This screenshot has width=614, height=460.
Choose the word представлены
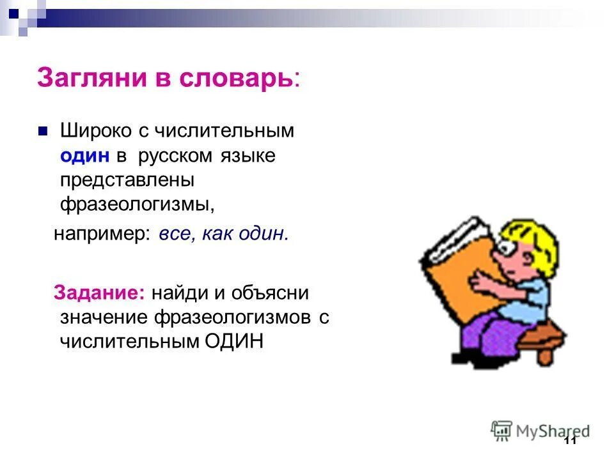[127, 181]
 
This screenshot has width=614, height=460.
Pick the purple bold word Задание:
[100, 293]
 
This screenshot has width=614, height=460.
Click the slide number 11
[571, 442]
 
